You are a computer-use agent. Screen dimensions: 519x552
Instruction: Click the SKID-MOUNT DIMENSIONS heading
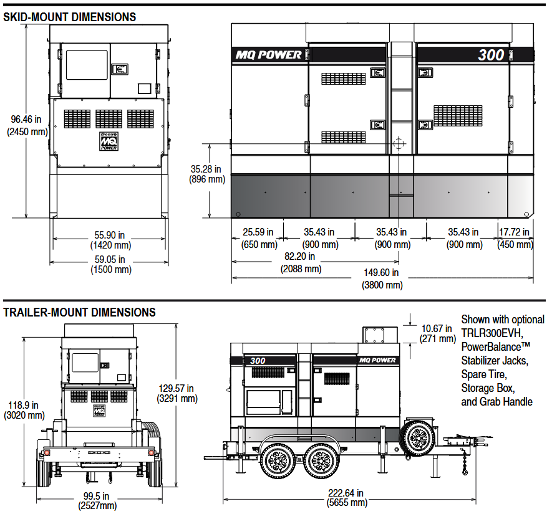pyautogui.click(x=70, y=17)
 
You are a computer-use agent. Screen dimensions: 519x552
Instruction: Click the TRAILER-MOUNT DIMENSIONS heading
pyautogui.click(x=80, y=312)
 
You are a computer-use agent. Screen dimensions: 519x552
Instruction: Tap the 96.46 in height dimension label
pyautogui.click(x=26, y=125)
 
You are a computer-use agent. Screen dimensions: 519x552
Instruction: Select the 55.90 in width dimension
pyautogui.click(x=110, y=240)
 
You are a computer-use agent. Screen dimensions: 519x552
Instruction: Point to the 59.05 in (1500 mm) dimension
pyautogui.click(x=110, y=264)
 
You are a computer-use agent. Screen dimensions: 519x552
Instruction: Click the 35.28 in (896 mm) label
pyautogui.click(x=206, y=173)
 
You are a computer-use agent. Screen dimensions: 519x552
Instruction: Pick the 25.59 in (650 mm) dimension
pyautogui.click(x=258, y=238)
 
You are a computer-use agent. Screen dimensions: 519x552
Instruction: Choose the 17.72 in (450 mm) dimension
pyautogui.click(x=515, y=238)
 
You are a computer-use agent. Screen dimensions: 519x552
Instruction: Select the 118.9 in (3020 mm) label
pyautogui.click(x=25, y=409)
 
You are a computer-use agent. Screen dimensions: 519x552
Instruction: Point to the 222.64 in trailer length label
pyautogui.click(x=347, y=498)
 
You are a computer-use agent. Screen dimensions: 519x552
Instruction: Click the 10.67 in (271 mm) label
pyautogui.click(x=437, y=333)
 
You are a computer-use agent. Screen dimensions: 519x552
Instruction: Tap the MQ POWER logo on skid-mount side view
pyautogui.click(x=268, y=54)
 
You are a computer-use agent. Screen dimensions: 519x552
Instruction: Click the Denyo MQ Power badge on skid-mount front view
pyautogui.click(x=109, y=141)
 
